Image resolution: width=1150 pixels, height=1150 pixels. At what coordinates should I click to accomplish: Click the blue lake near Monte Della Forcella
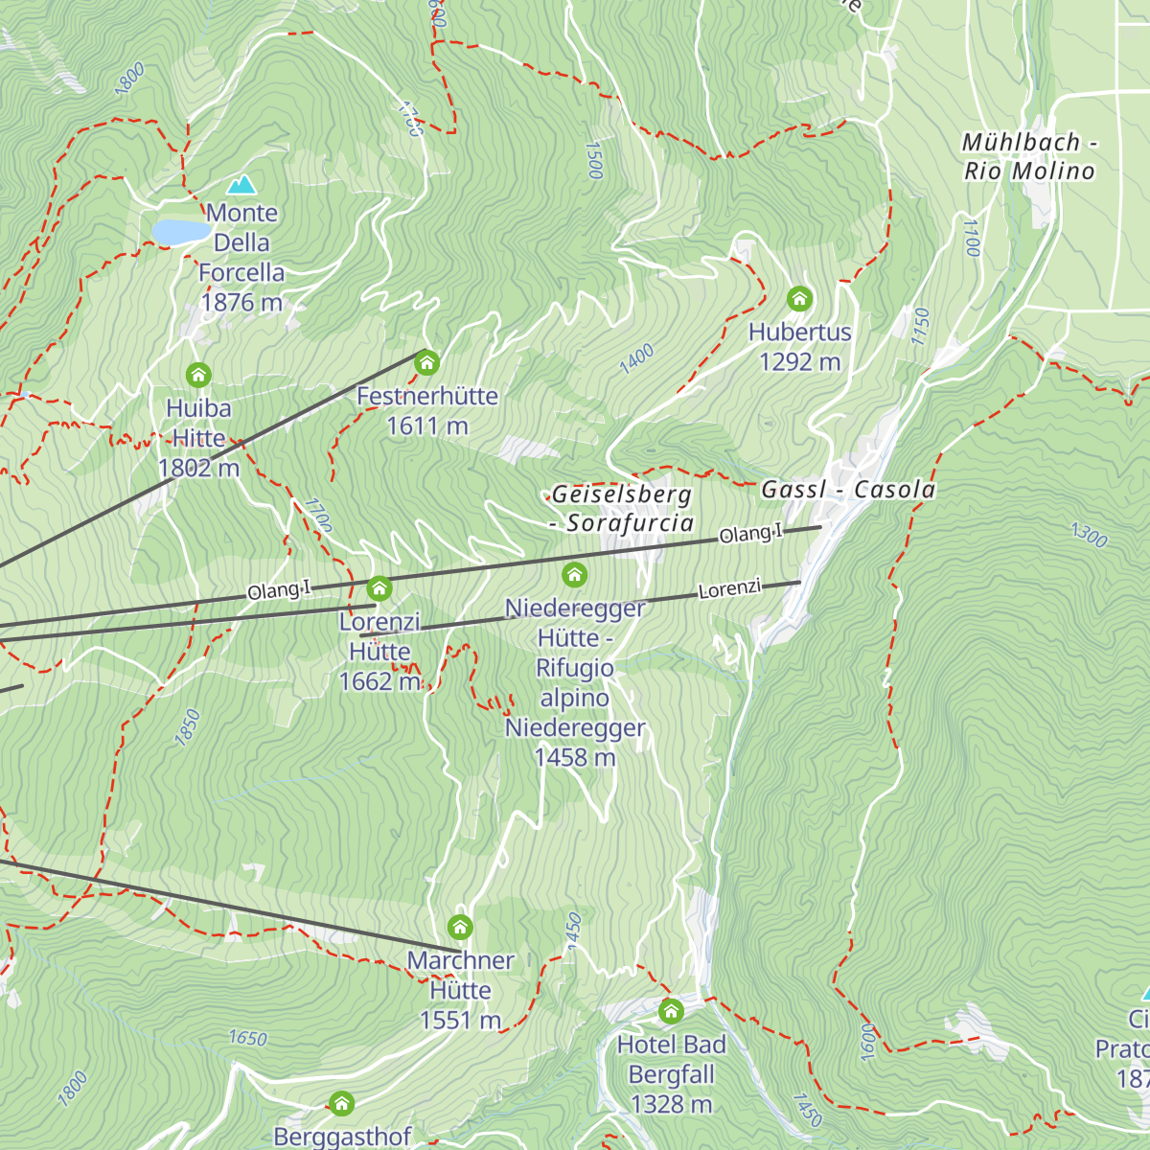[180, 232]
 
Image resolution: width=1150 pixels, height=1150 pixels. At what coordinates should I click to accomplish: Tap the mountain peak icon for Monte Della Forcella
[241, 184]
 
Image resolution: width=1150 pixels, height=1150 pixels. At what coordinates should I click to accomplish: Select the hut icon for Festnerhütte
[426, 363]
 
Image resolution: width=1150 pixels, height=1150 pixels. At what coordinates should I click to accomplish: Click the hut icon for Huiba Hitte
[198, 375]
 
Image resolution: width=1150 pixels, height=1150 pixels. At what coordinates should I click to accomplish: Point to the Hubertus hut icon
[799, 299]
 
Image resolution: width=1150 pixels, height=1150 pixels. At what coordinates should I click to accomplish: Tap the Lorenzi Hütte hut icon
[379, 587]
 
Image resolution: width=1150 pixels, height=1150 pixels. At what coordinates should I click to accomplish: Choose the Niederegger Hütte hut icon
[574, 574]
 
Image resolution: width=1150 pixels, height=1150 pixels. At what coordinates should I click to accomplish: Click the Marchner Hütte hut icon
[460, 927]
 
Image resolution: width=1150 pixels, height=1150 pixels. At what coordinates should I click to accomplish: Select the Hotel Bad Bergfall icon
[671, 1011]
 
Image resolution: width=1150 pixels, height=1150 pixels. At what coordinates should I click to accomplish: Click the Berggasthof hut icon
[341, 1103]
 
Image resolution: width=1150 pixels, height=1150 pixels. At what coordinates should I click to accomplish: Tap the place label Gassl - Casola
[848, 490]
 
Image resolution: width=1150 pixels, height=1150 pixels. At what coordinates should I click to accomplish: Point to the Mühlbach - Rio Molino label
[1029, 157]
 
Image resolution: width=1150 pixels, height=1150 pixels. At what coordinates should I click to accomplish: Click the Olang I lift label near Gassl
[750, 534]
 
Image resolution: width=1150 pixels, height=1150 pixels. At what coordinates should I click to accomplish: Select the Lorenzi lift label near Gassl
[729, 589]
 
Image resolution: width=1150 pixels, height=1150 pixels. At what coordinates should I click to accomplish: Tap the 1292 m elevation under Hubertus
[799, 362]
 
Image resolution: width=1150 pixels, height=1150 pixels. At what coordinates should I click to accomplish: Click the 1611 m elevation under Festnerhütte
[426, 426]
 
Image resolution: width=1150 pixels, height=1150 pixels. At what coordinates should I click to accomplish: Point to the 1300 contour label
[1089, 535]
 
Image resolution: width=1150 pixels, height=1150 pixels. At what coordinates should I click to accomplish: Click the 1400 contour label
[636, 358]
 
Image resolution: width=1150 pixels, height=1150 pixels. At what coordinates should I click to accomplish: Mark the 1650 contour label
[247, 1038]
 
